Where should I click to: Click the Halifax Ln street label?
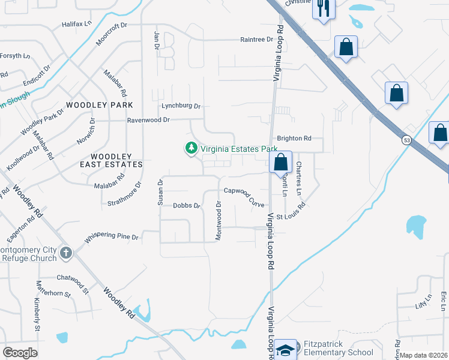point(77,25)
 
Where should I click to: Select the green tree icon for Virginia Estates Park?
point(191,148)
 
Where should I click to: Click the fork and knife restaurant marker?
point(324,8)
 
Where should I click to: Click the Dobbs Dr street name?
point(186,205)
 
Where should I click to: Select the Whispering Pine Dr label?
point(112,237)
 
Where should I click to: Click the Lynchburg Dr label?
point(181,106)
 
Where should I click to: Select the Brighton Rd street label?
point(294,138)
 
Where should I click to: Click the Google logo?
point(20,353)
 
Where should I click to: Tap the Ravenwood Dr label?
point(149,120)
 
